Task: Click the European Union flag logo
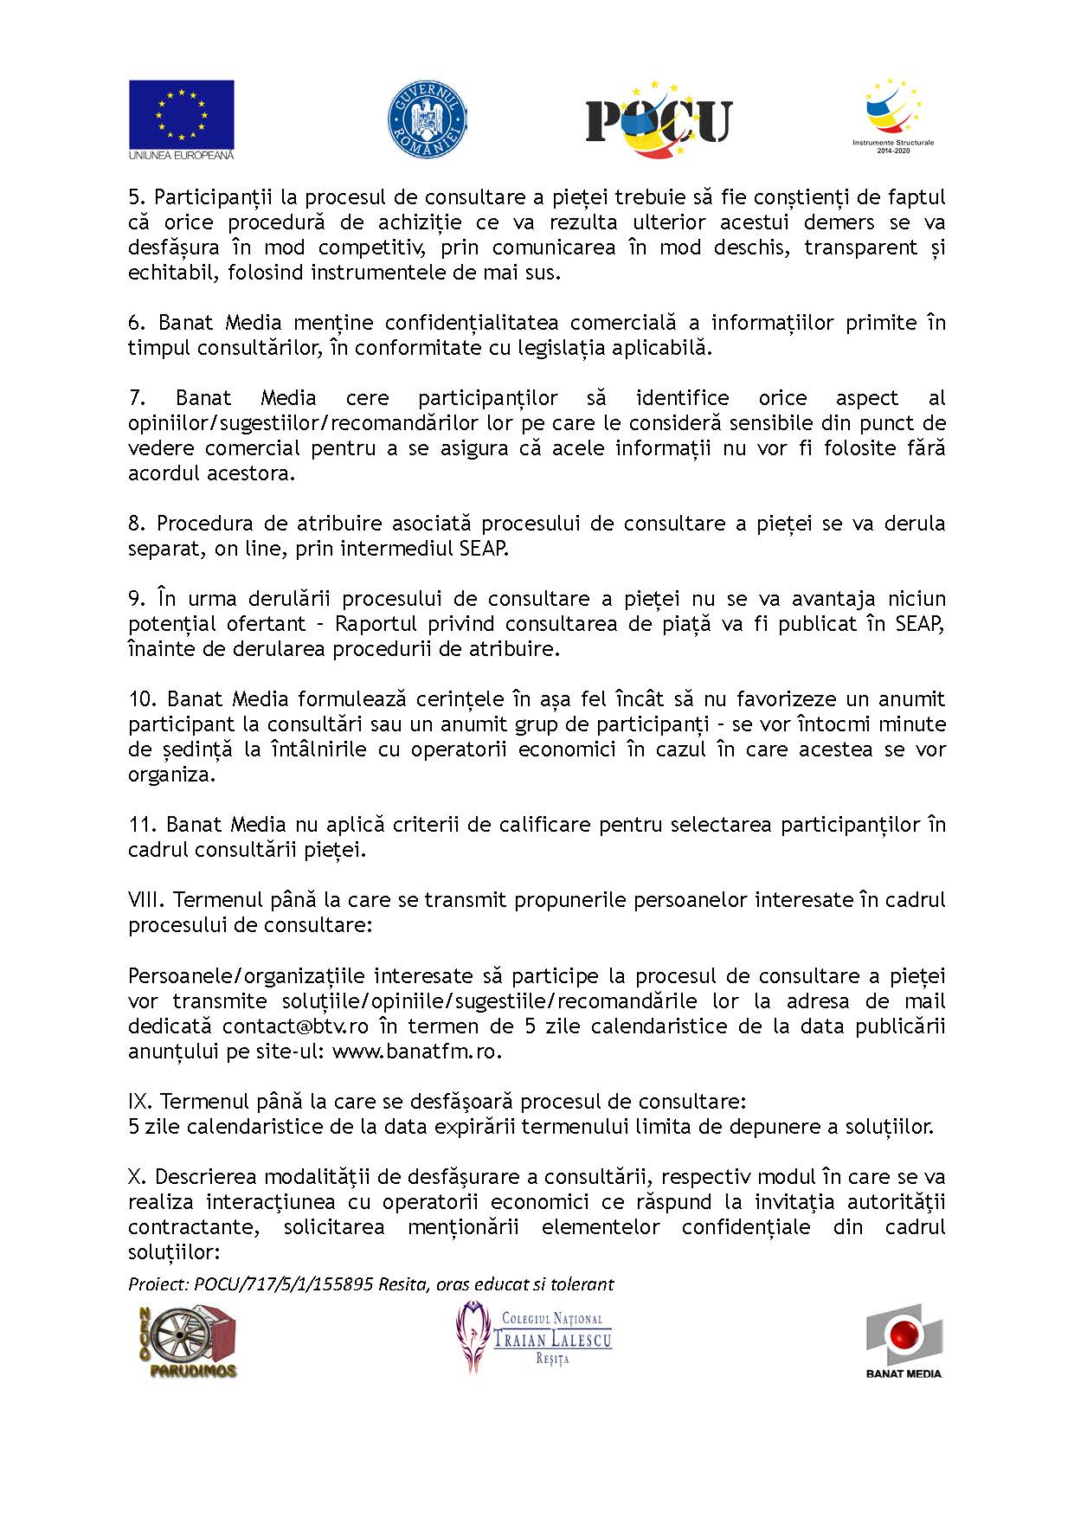pos(182,119)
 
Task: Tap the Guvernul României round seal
pos(427,120)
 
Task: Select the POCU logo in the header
pos(659,119)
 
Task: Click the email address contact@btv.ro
pos(295,1026)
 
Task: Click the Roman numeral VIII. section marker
pos(146,900)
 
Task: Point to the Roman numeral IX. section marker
pos(140,1102)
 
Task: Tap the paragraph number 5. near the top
pos(136,197)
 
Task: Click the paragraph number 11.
pos(144,825)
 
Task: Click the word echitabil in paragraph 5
pos(170,273)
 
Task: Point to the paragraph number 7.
pos(136,398)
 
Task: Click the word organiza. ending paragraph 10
pos(171,775)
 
